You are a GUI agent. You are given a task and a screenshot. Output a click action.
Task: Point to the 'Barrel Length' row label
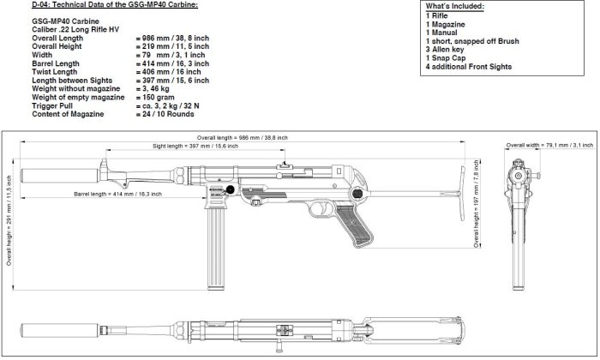[57, 63]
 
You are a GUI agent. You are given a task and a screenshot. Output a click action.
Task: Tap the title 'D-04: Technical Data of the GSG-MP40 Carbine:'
[102, 6]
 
